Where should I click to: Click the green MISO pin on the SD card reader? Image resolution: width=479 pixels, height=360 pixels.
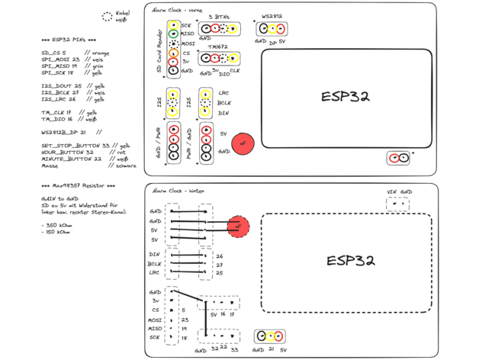click(174, 34)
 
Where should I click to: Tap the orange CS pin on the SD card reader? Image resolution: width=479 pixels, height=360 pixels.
click(174, 53)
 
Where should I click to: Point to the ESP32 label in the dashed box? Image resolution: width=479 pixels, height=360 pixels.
click(350, 260)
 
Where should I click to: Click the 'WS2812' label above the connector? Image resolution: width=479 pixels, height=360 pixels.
click(272, 15)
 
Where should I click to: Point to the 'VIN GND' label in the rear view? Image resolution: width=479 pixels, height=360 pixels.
click(399, 191)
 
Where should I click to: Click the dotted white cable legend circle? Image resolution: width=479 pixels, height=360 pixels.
click(107, 15)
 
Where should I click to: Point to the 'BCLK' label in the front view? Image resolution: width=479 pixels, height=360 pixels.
click(224, 103)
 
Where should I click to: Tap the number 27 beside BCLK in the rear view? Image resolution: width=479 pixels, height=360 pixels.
click(220, 265)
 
